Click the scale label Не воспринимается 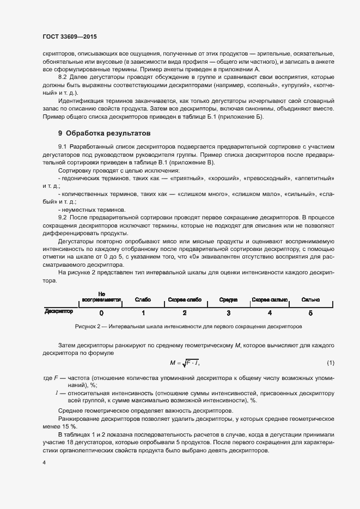(101, 297)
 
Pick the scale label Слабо (143, 300)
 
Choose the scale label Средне (228, 300)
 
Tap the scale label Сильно (310, 300)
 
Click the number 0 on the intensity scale (101, 313)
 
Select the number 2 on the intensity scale (185, 313)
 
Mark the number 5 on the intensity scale (311, 313)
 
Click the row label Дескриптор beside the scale (59, 312)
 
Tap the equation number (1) (331, 363)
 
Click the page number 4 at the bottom (44, 463)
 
